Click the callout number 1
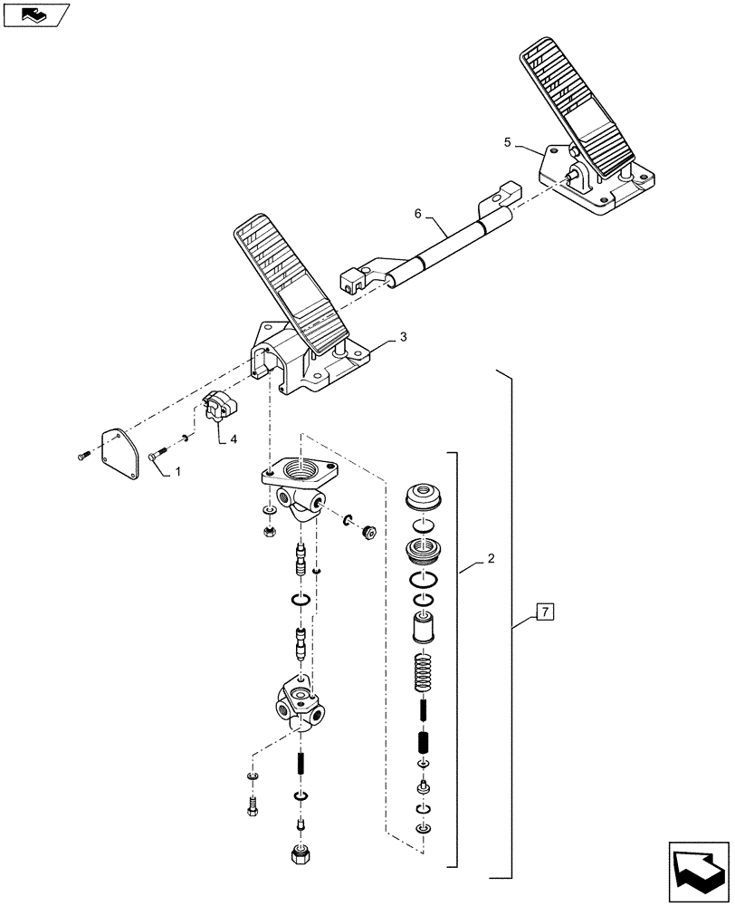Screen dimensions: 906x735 (177, 472)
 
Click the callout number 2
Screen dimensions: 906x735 (489, 560)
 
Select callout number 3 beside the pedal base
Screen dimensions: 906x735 (403, 336)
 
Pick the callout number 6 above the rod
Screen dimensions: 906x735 (418, 214)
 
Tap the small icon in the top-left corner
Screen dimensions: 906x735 (34, 14)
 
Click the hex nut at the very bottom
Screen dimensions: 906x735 (299, 855)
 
